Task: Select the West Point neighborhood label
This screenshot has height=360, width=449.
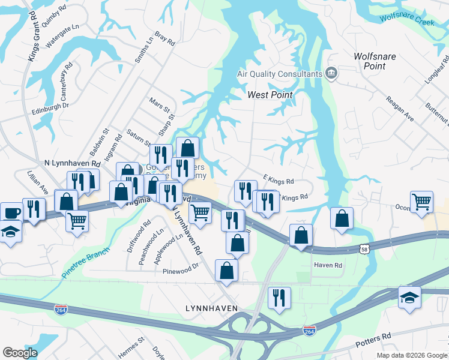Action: [x=270, y=95]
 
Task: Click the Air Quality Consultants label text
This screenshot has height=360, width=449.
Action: [x=280, y=74]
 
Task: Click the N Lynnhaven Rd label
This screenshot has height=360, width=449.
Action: [x=72, y=163]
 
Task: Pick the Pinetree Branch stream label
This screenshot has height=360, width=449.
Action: [x=89, y=259]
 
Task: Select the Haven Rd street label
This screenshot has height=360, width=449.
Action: [x=328, y=265]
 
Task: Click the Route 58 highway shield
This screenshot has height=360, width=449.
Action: [x=364, y=248]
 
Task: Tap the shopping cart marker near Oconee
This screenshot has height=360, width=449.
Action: [x=421, y=202]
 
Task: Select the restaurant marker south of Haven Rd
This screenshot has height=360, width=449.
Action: [x=279, y=296]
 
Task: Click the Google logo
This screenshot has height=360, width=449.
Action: [x=20, y=352]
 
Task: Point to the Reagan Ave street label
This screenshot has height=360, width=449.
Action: [x=400, y=109]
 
